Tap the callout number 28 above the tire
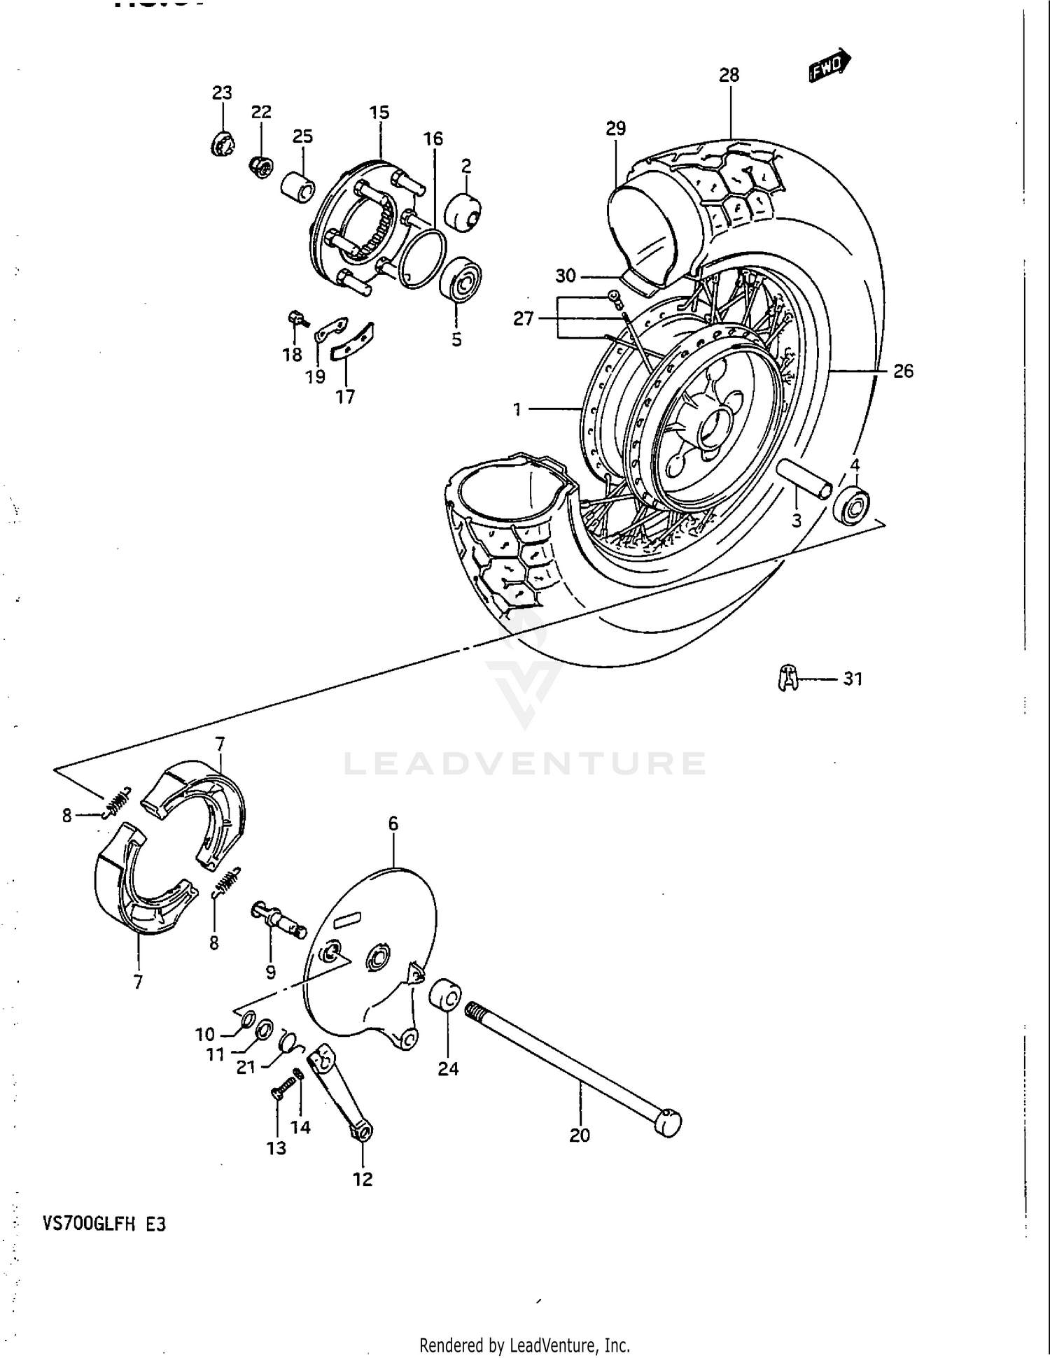coord(729,75)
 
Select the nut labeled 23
coord(222,143)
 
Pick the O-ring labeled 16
coord(423,257)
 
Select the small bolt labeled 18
coord(297,320)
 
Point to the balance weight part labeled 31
coord(788,677)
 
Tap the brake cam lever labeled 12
coord(341,1096)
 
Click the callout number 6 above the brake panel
coord(393,824)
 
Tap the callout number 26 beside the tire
coord(903,371)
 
